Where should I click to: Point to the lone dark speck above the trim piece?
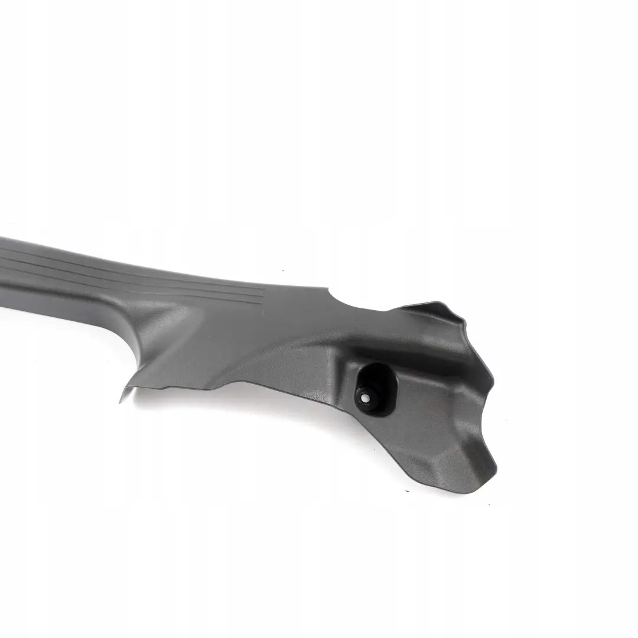coord(282,271)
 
